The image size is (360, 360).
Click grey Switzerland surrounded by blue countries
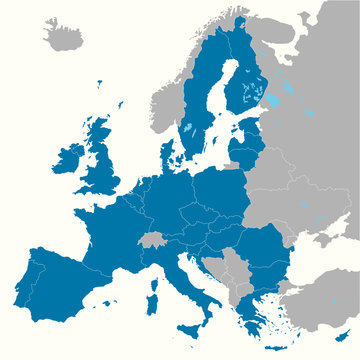click(152, 241)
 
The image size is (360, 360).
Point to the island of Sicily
click(188, 329)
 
